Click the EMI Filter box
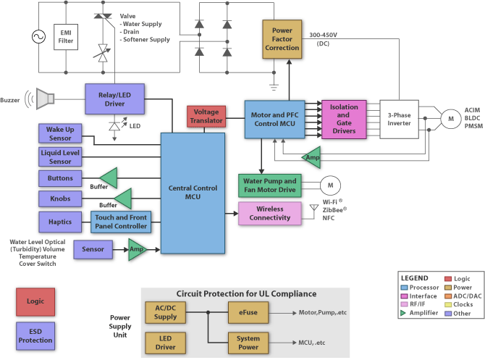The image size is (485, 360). (67, 36)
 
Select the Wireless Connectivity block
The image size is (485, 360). (269, 213)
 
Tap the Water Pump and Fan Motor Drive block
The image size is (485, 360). (269, 184)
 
